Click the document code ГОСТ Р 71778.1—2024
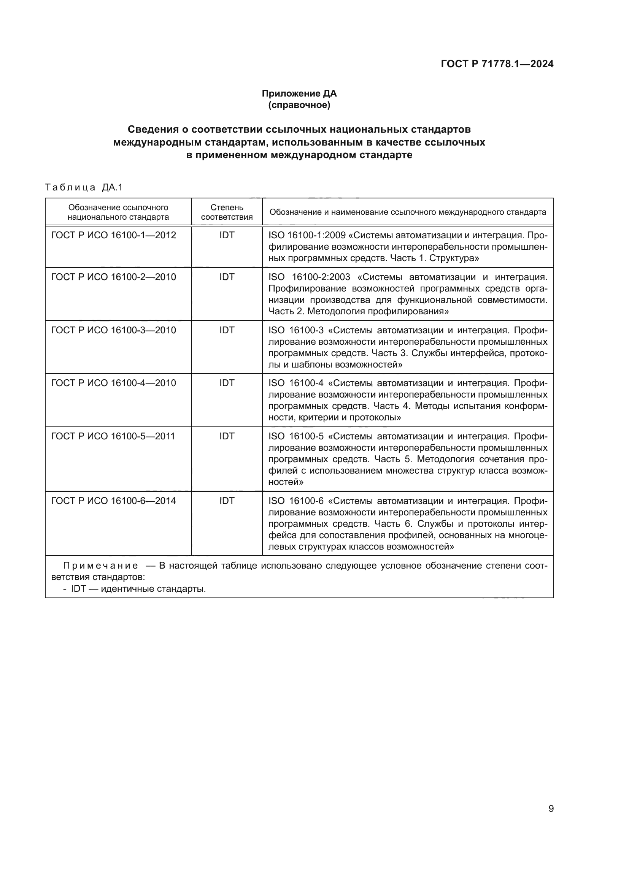pos(497,64)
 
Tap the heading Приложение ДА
pos(299,93)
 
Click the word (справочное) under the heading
pos(299,105)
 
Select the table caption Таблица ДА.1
pos(84,187)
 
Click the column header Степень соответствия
pos(227,212)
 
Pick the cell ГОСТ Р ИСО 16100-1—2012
pos(113,235)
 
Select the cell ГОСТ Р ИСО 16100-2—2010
pos(113,277)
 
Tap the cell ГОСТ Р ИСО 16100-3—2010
pos(113,330)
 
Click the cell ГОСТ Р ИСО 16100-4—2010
pos(113,383)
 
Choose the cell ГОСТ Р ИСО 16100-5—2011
pos(113,436)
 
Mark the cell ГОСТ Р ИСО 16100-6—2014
pos(113,501)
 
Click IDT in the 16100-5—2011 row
pos(227,436)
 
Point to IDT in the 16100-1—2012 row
pos(227,235)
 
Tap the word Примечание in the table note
pos(100,566)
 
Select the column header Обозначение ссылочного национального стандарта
pos(118,212)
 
